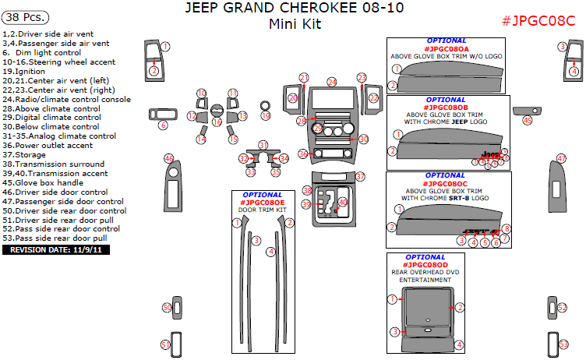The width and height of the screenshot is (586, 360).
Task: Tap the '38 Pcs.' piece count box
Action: tap(25, 16)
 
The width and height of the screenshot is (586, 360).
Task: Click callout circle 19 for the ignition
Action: tap(265, 116)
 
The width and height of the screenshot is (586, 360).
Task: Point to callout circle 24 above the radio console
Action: tap(332, 82)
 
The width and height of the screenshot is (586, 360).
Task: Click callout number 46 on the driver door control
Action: tap(168, 159)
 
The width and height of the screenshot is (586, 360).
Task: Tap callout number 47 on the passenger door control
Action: tap(561, 159)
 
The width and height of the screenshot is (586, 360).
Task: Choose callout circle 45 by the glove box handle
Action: tap(528, 121)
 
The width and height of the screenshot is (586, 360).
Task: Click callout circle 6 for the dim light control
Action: tap(163, 125)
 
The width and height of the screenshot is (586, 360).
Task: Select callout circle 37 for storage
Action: tap(360, 177)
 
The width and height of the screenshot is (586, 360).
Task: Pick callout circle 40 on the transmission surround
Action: tap(343, 202)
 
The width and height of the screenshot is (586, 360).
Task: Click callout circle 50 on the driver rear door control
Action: tap(167, 309)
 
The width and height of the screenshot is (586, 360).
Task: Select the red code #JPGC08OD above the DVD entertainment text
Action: tap(425, 264)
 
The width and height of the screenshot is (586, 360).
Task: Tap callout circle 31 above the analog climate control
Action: tap(263, 146)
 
